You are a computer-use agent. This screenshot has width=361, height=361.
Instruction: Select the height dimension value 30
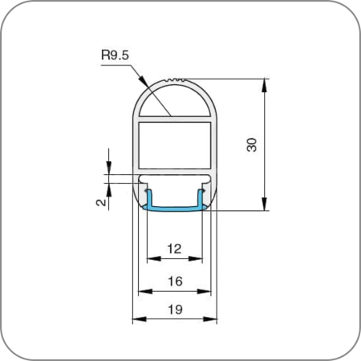tap(252, 145)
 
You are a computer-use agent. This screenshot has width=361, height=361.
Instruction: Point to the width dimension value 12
tap(175, 249)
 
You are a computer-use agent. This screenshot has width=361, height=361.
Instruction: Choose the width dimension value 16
tap(175, 281)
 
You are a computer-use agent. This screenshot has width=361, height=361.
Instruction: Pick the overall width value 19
tap(175, 310)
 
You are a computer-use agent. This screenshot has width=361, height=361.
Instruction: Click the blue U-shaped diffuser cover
tap(175, 208)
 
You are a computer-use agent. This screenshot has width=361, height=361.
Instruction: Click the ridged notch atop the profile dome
tap(175, 80)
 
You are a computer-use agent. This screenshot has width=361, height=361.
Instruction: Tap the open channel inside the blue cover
tap(175, 196)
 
